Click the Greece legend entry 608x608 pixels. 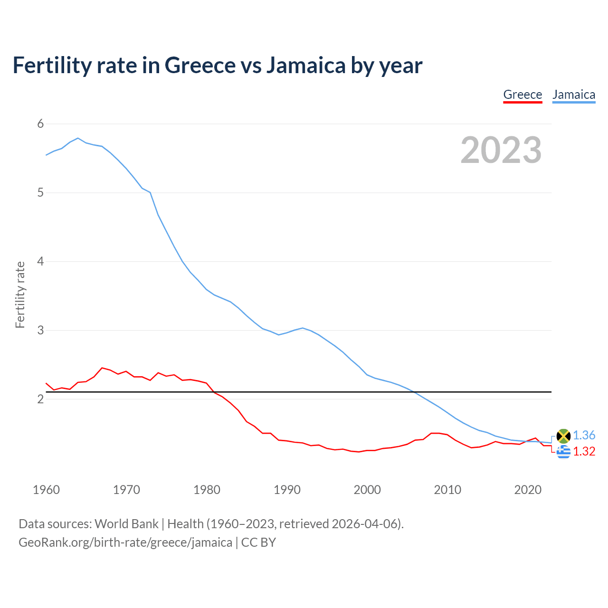coord(522,95)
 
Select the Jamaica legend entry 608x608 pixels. coord(574,95)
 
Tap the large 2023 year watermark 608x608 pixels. coord(501,150)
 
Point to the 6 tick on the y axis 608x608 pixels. coord(40,124)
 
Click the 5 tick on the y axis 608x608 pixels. coord(40,193)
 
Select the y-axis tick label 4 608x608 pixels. coord(40,261)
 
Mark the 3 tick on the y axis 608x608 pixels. coord(40,330)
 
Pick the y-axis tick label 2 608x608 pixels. coord(40,399)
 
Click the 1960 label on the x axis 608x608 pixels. coord(46,490)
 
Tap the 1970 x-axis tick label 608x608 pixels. coord(126,490)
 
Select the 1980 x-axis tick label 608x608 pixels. coord(207,490)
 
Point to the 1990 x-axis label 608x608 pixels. coord(287,490)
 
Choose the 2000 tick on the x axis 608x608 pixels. coord(367,490)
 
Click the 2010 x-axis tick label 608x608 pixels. coord(447,490)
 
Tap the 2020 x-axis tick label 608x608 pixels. coord(528,490)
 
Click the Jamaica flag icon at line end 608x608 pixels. coord(563,436)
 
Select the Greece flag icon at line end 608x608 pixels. coord(563,452)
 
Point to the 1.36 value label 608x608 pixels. coord(584,435)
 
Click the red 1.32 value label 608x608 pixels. coord(584,451)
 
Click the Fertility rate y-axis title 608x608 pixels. coord(20,294)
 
